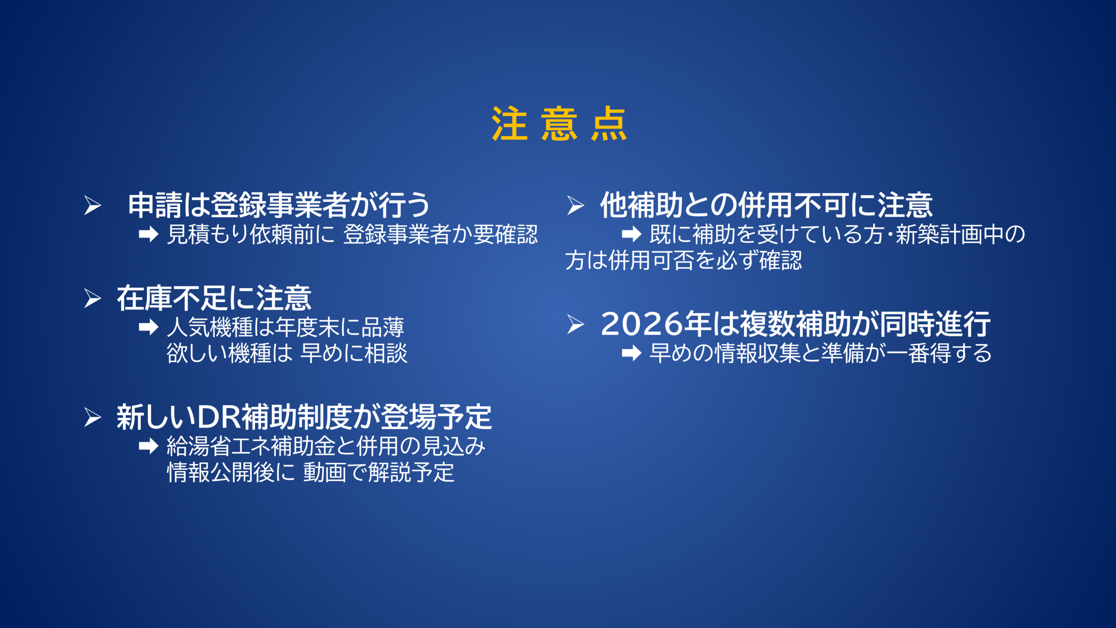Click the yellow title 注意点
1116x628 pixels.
pyautogui.click(x=559, y=124)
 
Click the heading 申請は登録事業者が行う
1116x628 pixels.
pyautogui.click(x=279, y=205)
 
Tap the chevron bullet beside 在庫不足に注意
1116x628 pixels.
pyautogui.click(x=92, y=299)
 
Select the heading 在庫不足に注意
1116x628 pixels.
pyautogui.click(x=214, y=299)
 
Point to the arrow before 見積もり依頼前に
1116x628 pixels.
pyautogui.click(x=149, y=234)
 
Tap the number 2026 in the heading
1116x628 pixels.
pyautogui.click(x=641, y=324)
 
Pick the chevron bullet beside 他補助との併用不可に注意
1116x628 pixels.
pyautogui.click(x=575, y=205)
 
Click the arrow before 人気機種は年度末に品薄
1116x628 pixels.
pyautogui.click(x=149, y=327)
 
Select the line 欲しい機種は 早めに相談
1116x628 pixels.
pyautogui.click(x=287, y=353)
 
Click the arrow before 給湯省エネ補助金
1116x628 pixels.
pyautogui.click(x=149, y=446)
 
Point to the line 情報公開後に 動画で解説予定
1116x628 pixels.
pyautogui.click(x=311, y=472)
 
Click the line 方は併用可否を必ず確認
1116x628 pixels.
pyautogui.click(x=684, y=261)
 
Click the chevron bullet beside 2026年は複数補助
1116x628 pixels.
pyautogui.click(x=575, y=324)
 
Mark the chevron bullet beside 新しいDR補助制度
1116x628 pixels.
pyautogui.click(x=92, y=418)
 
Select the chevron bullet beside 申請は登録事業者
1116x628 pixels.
pyautogui.click(x=92, y=205)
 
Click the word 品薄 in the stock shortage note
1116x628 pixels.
pyautogui.click(x=383, y=328)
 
